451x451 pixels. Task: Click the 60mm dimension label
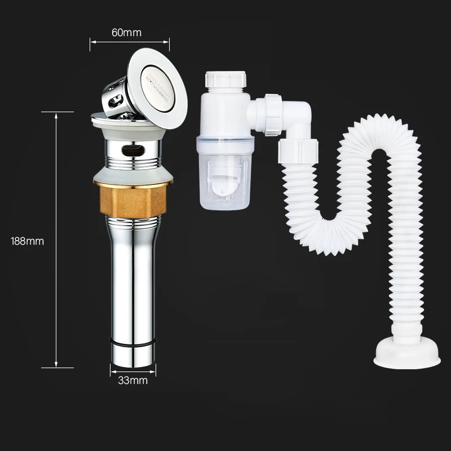click(x=126, y=32)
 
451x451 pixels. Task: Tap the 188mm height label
click(x=28, y=241)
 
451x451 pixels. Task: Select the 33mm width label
click(x=133, y=381)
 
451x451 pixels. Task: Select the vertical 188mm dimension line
click(x=56, y=240)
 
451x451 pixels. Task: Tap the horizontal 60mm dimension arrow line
click(x=130, y=41)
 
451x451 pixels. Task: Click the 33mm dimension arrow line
click(x=133, y=371)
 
